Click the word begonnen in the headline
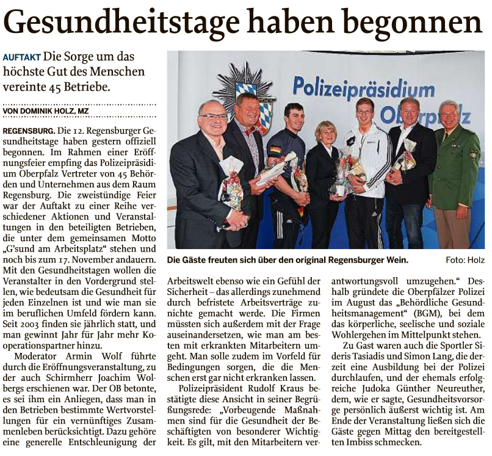pyautogui.click(x=416, y=24)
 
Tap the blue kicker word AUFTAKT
pyautogui.click(x=22, y=57)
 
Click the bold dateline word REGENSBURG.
pyautogui.click(x=28, y=131)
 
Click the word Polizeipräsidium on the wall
pyautogui.click(x=363, y=87)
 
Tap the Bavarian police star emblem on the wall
pyautogui.click(x=247, y=92)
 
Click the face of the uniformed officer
pyautogui.click(x=449, y=117)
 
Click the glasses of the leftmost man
pyautogui.click(x=213, y=116)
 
